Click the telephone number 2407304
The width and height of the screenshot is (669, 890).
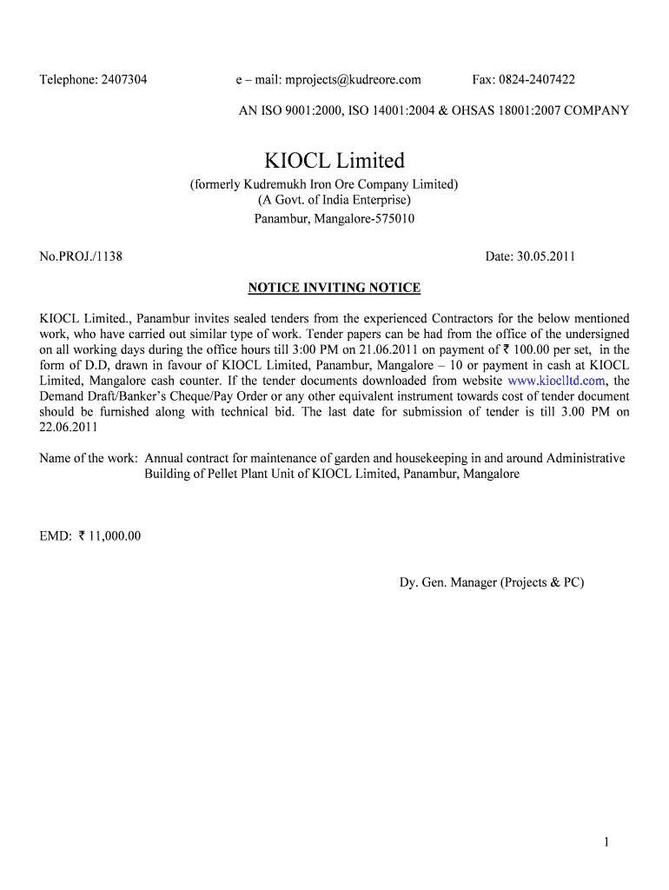tap(124, 80)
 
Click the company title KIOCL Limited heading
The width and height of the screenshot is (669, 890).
tap(334, 161)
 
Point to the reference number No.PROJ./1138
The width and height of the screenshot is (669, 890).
tap(81, 256)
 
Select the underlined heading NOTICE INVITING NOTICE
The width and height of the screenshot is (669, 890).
tap(334, 288)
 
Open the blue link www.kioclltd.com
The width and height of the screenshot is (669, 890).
tap(556, 381)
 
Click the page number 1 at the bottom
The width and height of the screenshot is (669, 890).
tap(606, 841)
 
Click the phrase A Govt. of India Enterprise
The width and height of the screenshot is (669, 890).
tap(334, 201)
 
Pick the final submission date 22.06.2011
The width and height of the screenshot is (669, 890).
tap(69, 428)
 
